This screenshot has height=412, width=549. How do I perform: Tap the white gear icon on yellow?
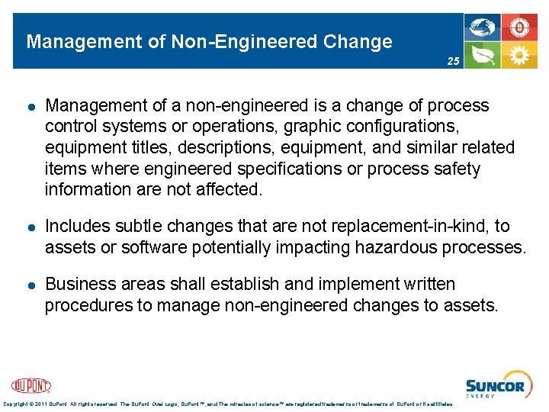pos(520,54)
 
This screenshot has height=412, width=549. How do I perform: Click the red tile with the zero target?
pos(520,27)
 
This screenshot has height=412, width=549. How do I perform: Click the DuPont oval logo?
pos(31,385)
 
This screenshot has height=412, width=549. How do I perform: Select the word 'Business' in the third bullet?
pos(80,285)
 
